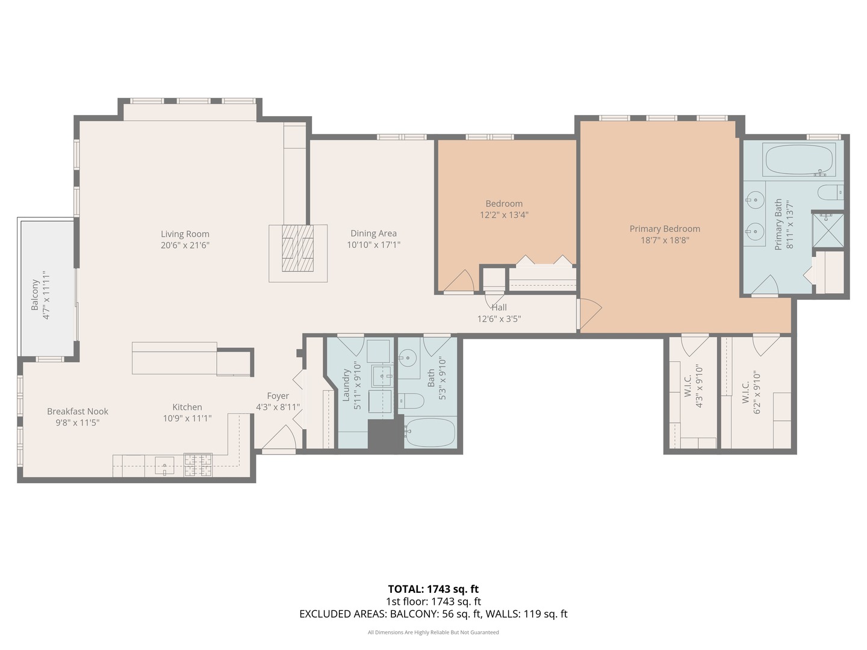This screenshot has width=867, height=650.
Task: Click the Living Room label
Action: [x=185, y=234]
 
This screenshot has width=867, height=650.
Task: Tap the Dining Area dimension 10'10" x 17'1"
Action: [x=373, y=245]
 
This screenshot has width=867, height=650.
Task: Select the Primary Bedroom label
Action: [x=665, y=229]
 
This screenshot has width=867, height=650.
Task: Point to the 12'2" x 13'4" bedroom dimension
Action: [x=504, y=215]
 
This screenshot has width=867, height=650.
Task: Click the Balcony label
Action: [x=35, y=295]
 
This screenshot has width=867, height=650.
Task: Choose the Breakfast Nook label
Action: [x=78, y=412]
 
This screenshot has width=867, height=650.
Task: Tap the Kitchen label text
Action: [x=187, y=407]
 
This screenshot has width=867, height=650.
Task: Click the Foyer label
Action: [x=278, y=396]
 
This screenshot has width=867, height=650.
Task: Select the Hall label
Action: [x=499, y=308]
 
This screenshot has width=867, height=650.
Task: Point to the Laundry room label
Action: [x=346, y=385]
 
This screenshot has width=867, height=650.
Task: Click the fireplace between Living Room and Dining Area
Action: [x=298, y=248]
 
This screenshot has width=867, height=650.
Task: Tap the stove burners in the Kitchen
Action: [x=197, y=465]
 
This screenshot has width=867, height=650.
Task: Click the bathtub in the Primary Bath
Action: [x=798, y=160]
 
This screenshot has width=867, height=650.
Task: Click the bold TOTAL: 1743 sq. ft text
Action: [x=433, y=589]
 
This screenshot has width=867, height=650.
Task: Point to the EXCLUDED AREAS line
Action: [x=433, y=614]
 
